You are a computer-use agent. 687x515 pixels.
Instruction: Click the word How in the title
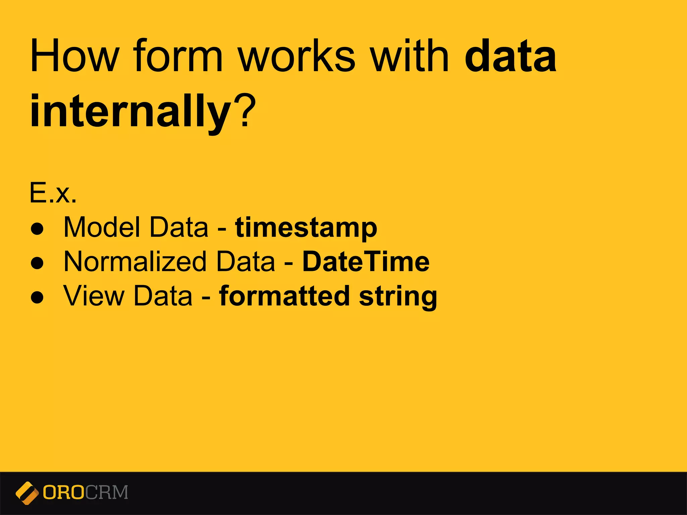point(74,56)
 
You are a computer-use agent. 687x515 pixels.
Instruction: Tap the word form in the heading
point(178,56)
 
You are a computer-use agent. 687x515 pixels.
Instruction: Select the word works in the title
point(297,56)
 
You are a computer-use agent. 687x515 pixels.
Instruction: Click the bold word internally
point(131,112)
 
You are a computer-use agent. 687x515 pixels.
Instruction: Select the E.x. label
point(53,193)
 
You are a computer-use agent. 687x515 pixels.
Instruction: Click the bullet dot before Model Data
point(37,229)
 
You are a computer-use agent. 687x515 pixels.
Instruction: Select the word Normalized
point(135,262)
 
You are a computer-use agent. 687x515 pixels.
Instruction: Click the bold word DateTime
point(366,262)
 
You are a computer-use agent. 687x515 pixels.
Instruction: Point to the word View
point(94,296)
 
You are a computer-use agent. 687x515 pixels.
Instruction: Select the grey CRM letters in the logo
point(107,493)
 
